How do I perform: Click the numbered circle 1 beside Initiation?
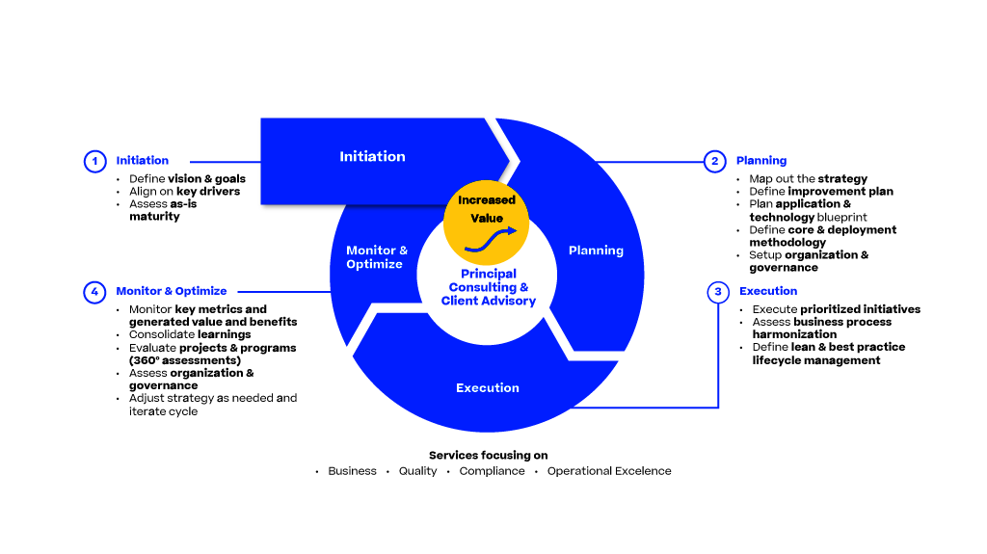94,162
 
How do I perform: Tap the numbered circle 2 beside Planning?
714,162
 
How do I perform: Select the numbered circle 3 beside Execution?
718,291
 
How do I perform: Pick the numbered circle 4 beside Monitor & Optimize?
94,291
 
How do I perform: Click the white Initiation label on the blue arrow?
372,156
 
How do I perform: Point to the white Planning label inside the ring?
596,251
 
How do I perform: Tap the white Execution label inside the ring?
488,388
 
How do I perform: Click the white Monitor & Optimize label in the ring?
376,257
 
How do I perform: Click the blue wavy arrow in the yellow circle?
491,239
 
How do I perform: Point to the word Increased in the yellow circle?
487,200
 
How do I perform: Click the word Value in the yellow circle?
487,219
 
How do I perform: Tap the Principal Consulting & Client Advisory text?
488,288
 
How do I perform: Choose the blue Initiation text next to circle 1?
143,161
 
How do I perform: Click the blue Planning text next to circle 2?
761,161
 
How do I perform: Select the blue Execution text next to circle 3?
768,291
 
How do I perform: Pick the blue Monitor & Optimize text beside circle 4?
172,291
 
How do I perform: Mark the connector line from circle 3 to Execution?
718,366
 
